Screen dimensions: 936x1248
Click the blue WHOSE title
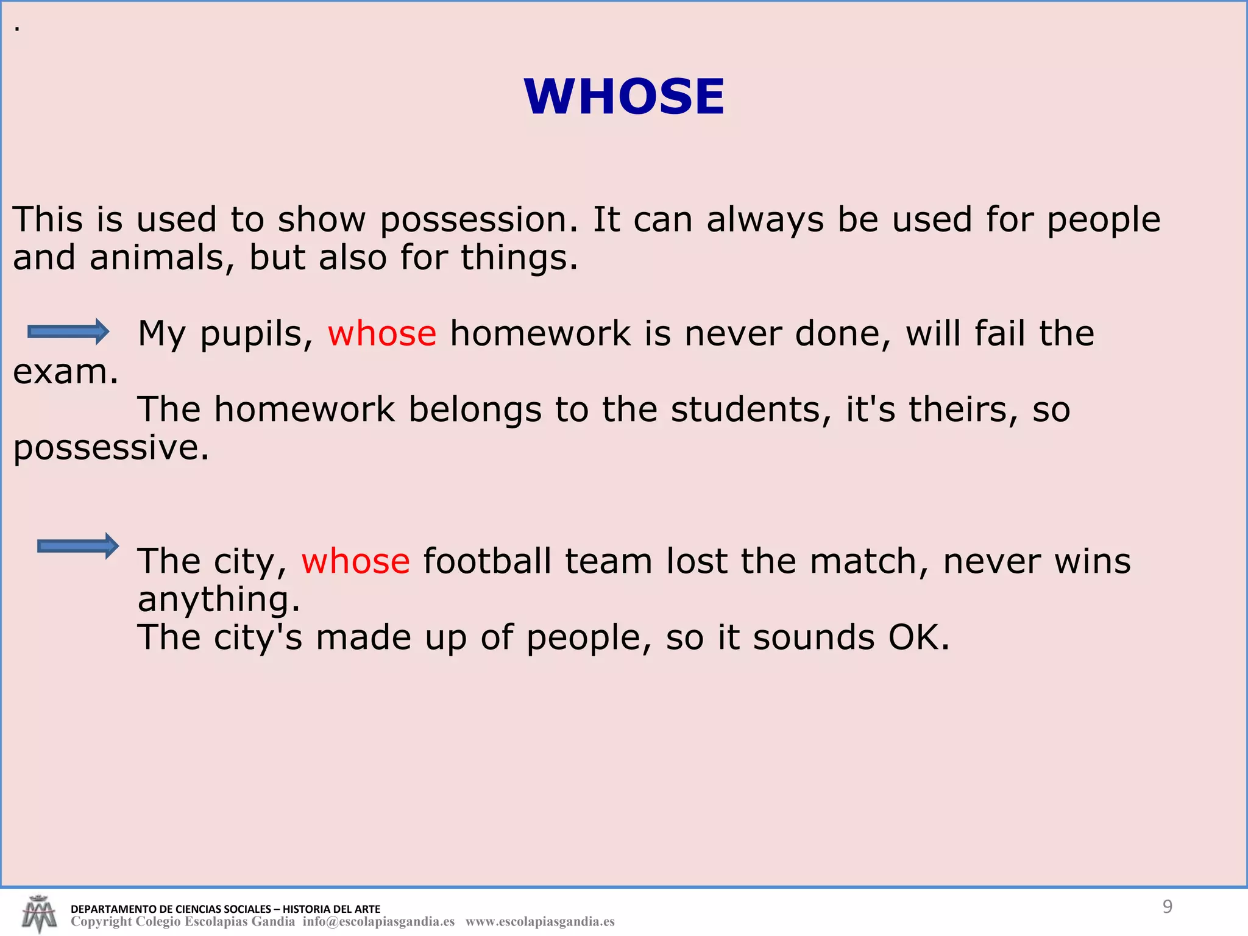[624, 97]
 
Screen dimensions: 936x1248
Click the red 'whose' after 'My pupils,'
[382, 333]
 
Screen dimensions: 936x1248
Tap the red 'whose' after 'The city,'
[355, 561]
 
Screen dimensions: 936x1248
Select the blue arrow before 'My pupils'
[68, 331]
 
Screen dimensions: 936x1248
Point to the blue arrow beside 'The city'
[78, 545]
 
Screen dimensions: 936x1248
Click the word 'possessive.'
[111, 447]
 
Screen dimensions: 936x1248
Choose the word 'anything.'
[219, 599]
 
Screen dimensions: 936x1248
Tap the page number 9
[1167, 907]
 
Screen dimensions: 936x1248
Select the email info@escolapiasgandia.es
[378, 921]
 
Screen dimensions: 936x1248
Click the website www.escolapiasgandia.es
[540, 921]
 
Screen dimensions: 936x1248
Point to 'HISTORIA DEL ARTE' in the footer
[331, 909]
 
